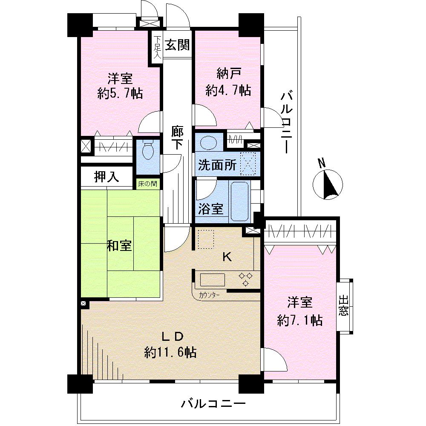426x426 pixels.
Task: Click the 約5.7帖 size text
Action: click(x=120, y=93)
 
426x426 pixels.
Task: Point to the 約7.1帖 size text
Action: click(x=299, y=320)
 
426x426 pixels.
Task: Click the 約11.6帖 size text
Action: click(x=170, y=352)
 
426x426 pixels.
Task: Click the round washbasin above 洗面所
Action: click(x=209, y=142)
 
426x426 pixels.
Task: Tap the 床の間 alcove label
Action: click(x=147, y=184)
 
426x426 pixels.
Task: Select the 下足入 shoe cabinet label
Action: click(x=156, y=48)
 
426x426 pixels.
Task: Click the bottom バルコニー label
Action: click(x=213, y=403)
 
